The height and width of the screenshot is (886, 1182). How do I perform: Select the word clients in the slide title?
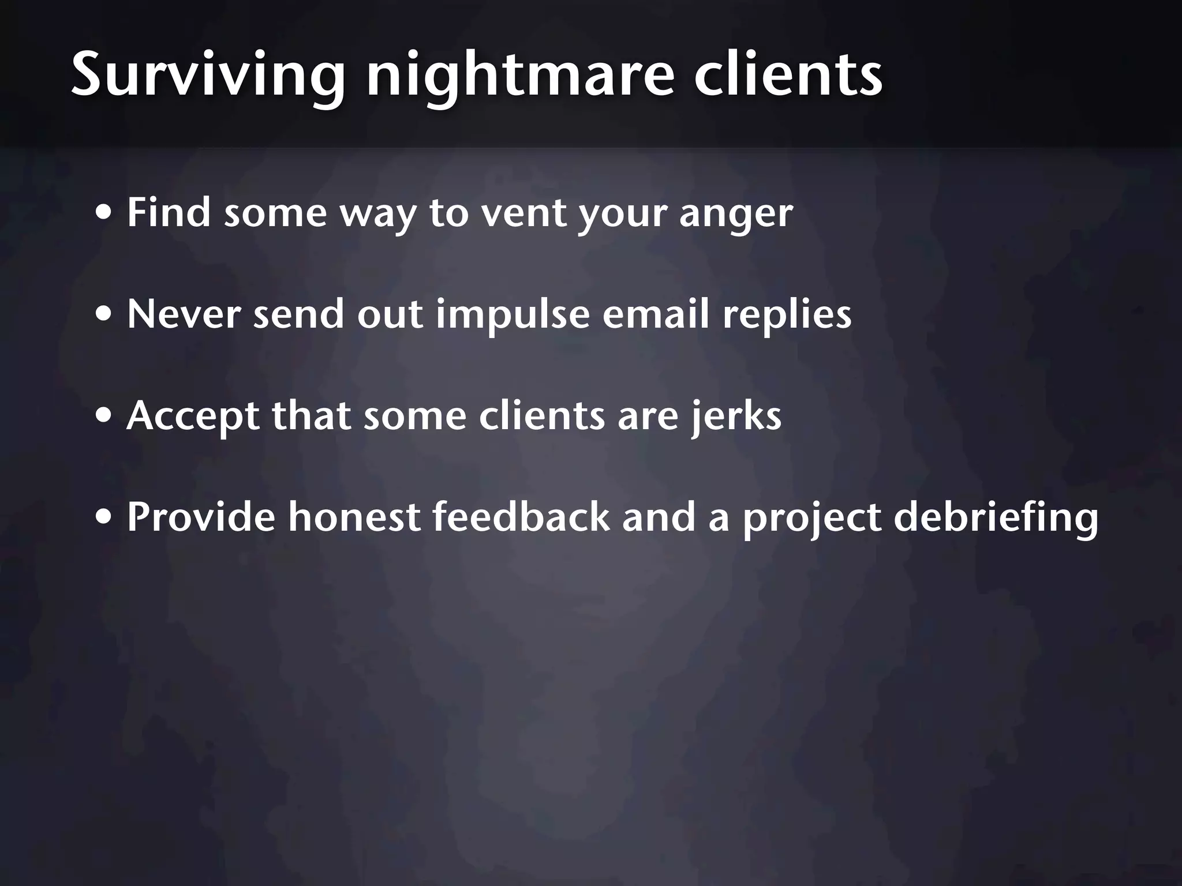[788, 76]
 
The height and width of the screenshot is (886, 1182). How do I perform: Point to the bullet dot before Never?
[104, 316]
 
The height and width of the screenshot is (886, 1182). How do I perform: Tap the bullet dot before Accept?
[104, 417]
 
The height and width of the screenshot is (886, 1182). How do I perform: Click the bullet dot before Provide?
[104, 518]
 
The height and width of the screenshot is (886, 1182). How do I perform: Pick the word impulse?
[513, 316]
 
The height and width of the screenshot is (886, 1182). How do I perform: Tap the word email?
[656, 314]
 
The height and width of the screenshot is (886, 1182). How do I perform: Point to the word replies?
[787, 316]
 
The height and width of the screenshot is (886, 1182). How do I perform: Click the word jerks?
[736, 417]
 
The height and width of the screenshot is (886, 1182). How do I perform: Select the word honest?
[354, 517]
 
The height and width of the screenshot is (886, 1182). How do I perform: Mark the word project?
[811, 518]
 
